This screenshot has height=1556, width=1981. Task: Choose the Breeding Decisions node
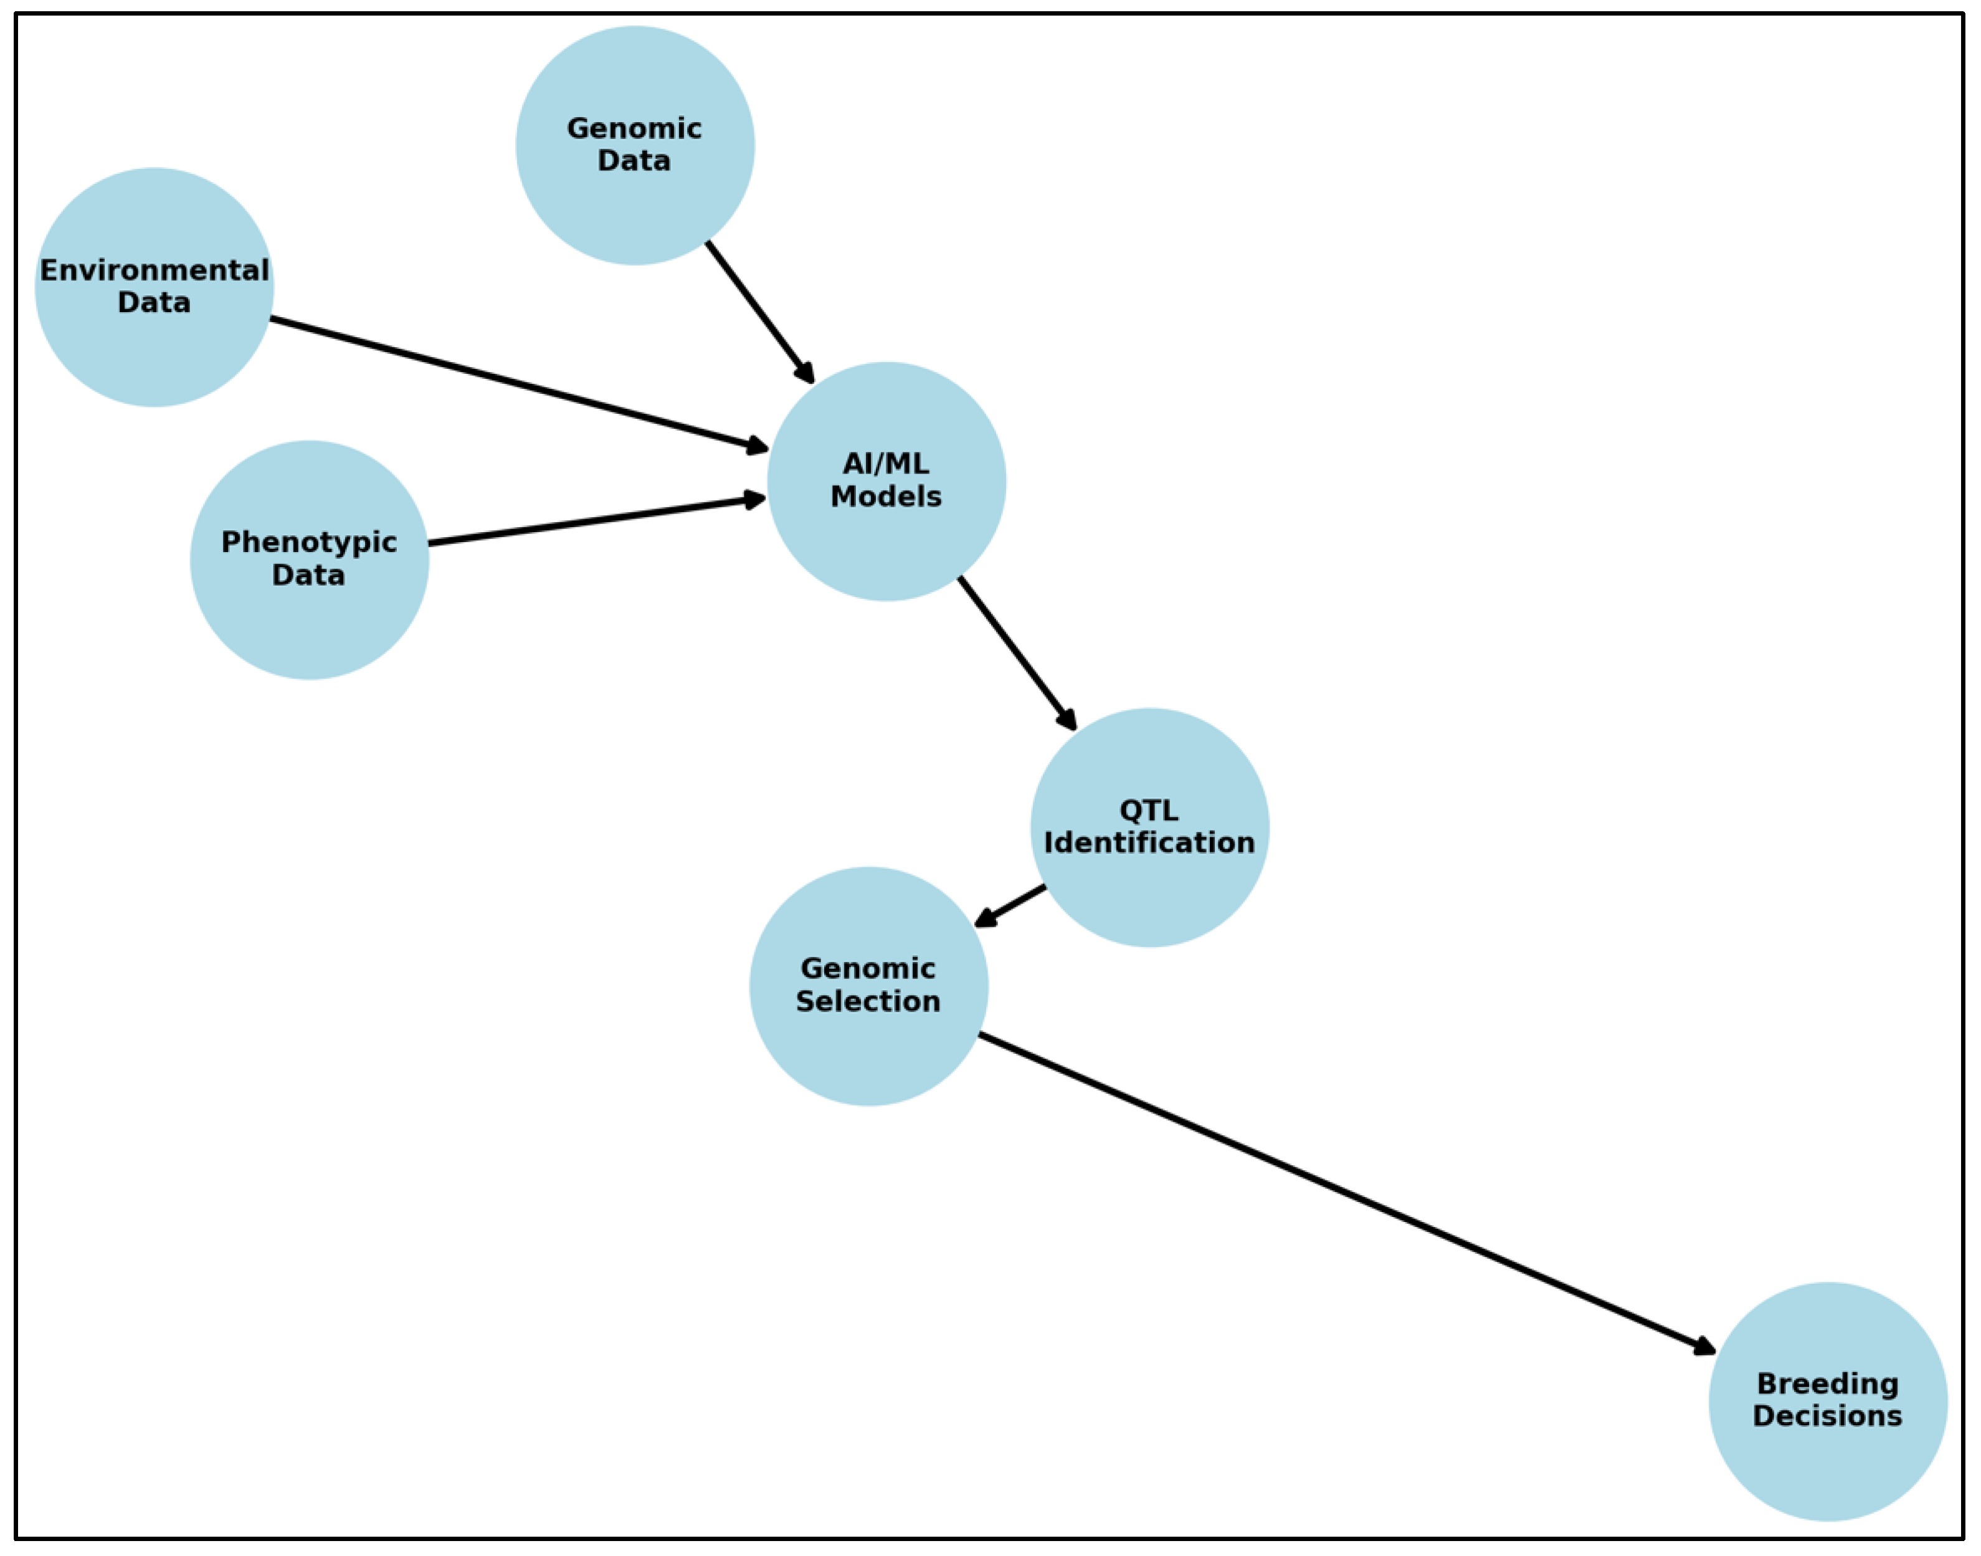[1827, 1458]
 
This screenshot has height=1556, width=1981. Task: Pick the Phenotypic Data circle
[309, 619]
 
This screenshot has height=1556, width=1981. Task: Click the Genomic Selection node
[868, 1048]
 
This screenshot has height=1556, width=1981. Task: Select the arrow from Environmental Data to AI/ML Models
[519, 383]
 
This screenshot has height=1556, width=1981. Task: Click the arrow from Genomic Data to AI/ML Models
[759, 311]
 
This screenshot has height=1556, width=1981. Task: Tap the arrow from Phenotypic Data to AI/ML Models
[597, 520]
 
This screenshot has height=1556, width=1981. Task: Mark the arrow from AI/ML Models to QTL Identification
[1017, 653]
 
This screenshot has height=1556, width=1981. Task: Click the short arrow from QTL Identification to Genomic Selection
[1011, 905]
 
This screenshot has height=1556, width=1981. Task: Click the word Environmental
[154, 270]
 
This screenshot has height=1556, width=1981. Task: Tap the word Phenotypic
[309, 543]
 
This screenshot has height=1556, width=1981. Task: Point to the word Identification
[1149, 842]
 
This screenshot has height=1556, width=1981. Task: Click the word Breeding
[1827, 1384]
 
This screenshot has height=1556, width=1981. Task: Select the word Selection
[868, 1001]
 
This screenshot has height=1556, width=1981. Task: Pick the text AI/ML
[886, 464]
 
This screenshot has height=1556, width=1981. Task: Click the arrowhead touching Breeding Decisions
[1703, 1347]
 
